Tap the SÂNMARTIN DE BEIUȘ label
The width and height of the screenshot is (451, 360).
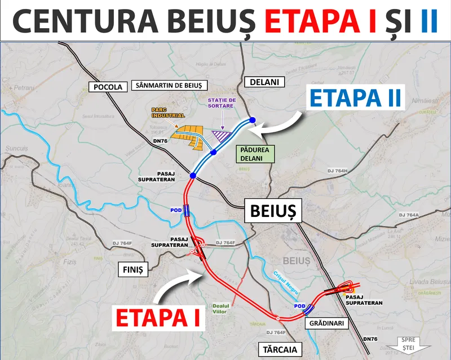pos(169,86)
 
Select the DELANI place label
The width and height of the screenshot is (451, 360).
pos(265,83)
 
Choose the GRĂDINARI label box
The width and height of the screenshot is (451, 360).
pos(327,323)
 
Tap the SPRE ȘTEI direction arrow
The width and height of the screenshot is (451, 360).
pos(415,343)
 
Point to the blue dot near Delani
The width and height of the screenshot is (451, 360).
pos(252,119)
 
